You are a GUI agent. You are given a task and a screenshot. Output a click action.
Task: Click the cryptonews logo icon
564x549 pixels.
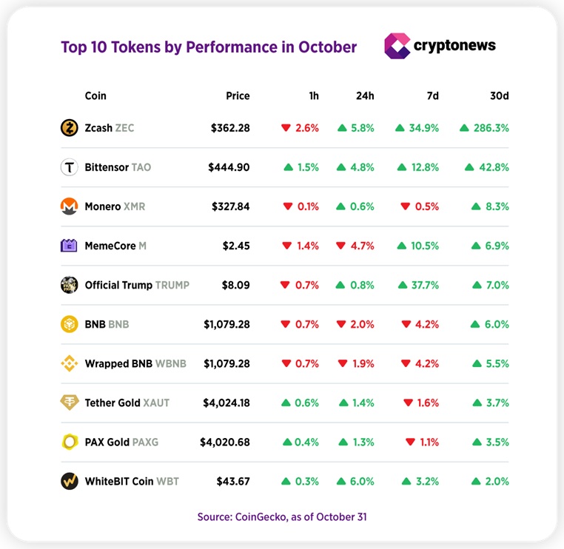[397, 46]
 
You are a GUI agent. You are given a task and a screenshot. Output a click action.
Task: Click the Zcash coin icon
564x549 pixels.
[69, 128]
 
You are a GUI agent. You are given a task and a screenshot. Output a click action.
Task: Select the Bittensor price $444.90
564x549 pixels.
[229, 167]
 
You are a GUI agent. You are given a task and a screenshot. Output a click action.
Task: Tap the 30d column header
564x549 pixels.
[500, 96]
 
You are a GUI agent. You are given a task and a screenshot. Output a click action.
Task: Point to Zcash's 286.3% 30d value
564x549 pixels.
[491, 128]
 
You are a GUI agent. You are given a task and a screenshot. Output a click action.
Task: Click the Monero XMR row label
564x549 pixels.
[115, 206]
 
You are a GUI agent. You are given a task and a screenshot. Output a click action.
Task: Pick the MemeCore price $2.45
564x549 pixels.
[236, 246]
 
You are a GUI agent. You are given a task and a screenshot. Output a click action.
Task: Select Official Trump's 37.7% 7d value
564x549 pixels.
[425, 285]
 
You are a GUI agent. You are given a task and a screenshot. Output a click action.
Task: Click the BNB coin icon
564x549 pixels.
[69, 324]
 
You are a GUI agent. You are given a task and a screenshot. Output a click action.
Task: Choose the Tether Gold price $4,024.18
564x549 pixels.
[226, 403]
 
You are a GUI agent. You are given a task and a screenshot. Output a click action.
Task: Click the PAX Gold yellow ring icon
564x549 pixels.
[69, 442]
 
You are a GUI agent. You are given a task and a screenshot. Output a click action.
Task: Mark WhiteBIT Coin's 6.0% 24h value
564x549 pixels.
[362, 481]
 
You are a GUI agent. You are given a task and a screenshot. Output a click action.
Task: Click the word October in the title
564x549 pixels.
[327, 47]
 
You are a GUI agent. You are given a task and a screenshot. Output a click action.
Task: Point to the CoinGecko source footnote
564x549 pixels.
[282, 516]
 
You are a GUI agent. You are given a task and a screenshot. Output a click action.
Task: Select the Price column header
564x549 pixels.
[238, 96]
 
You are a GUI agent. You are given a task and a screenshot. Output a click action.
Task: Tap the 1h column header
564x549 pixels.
[314, 96]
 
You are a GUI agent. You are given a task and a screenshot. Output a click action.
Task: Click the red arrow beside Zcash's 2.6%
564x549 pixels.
[286, 128]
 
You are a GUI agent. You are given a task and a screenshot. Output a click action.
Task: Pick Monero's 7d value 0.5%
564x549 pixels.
[427, 206]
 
